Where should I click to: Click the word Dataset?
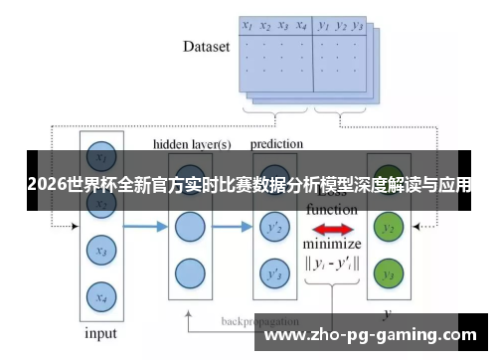pos(207,46)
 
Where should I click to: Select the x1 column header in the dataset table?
pos(248,27)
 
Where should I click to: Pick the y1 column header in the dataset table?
pos(324,27)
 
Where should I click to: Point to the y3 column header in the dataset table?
pos(357,27)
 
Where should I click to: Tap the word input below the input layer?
pos(99,333)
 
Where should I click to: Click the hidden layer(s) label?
pos(192,144)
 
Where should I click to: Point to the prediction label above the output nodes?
pos(276,144)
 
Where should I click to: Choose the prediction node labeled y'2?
pos(271,229)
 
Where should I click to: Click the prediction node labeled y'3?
pos(271,272)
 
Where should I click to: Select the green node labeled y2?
pos(389,229)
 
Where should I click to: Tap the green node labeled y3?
pos(389,272)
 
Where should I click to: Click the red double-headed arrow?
pos(331,230)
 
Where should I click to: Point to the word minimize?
pos(332,245)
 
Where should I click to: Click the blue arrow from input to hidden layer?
pos(145,228)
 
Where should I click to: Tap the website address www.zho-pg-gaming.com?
pos(372,335)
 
